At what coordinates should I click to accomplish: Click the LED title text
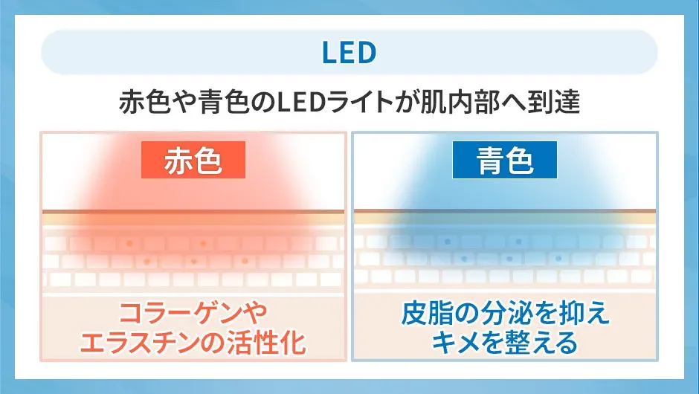pyautogui.click(x=349, y=53)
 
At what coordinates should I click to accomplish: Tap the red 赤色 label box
pyautogui.click(x=193, y=161)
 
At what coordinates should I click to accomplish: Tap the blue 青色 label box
pyautogui.click(x=505, y=161)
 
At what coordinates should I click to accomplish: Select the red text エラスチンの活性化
pyautogui.click(x=193, y=343)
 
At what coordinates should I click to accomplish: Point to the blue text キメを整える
pyautogui.click(x=505, y=343)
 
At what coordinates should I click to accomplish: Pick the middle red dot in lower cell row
pyautogui.click(x=193, y=261)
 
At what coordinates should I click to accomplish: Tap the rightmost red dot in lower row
pyautogui.click(x=243, y=261)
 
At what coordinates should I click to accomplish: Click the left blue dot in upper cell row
pyautogui.click(x=446, y=242)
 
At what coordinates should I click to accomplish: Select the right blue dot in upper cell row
pyautogui.click(x=516, y=242)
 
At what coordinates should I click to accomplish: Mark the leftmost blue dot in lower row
pyautogui.click(x=463, y=259)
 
